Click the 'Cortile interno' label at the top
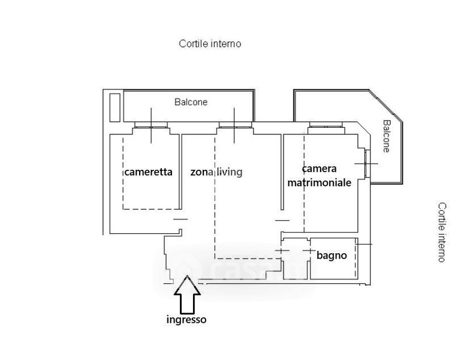coord(210,44)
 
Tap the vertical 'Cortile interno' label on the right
coord(442,232)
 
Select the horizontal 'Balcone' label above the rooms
coord(191,102)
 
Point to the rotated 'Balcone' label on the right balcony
coord(387,136)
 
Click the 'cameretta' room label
coord(148,172)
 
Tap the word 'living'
coord(230,172)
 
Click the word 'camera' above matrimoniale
coord(320,169)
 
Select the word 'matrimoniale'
coord(320,182)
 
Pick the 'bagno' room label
coord(332,256)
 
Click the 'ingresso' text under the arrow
coord(186,320)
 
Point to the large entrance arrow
coord(187,294)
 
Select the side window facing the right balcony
coord(366,164)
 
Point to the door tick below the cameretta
coord(180,219)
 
